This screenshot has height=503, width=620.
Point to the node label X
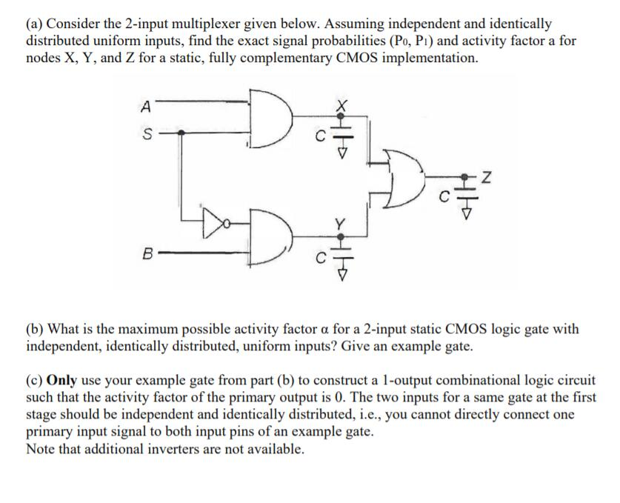click(x=341, y=107)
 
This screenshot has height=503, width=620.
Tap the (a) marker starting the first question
click(x=35, y=24)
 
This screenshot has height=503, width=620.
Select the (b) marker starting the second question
click(x=35, y=328)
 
